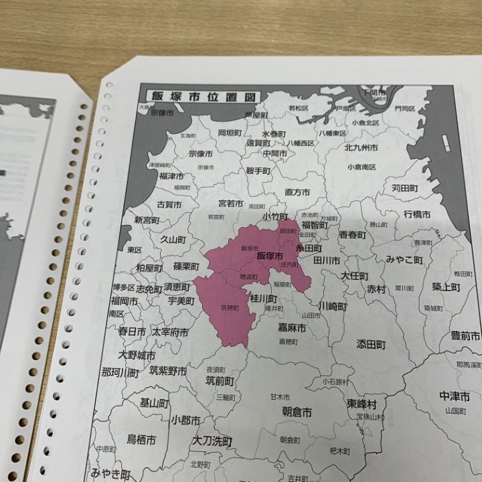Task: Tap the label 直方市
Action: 297,192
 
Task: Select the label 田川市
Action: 327,260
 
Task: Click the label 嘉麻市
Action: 292,328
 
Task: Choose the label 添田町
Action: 371,345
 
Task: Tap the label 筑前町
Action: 220,382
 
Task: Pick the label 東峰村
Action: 362,404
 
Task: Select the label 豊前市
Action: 465,335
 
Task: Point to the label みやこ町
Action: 404,259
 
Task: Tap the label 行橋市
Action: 417,215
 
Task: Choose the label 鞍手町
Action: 258,171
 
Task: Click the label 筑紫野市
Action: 168,370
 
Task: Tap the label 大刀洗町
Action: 212,441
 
